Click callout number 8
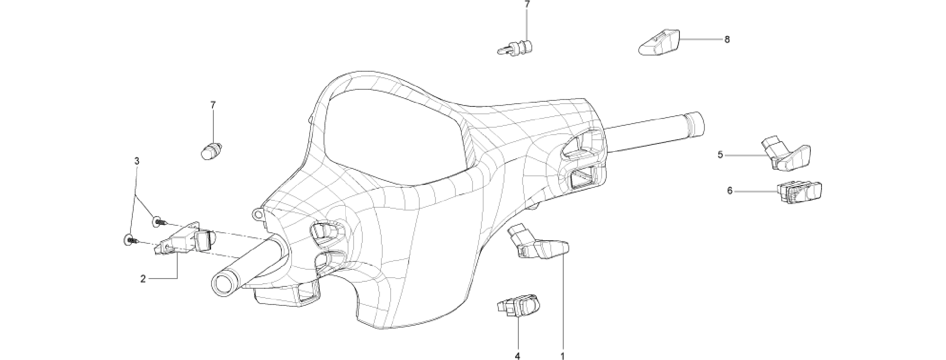click(x=727, y=40)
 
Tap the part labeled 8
click(x=659, y=42)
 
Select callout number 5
click(x=720, y=155)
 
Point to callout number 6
click(x=730, y=191)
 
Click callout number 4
click(x=517, y=356)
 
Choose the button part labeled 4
click(x=519, y=305)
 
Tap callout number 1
click(x=563, y=356)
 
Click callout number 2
click(x=143, y=279)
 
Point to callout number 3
click(x=137, y=161)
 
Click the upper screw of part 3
click(x=159, y=222)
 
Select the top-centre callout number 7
click(x=527, y=4)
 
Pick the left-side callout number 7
click(x=213, y=105)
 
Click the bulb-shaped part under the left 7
click(x=212, y=151)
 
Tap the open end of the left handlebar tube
click(x=224, y=282)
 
